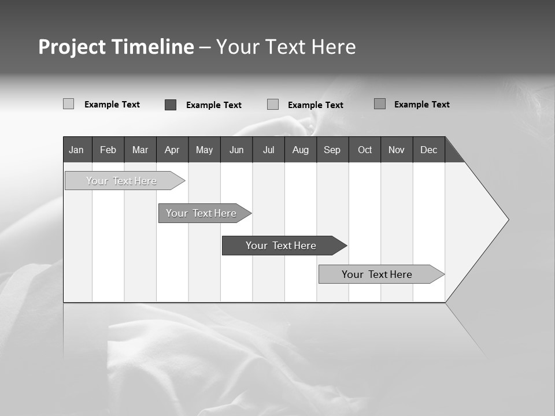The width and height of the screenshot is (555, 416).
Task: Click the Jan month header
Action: pos(77,150)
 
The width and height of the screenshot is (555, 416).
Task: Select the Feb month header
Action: pos(108,150)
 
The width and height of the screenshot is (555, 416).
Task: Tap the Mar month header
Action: pos(140,150)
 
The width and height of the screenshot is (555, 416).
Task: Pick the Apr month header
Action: pos(172,150)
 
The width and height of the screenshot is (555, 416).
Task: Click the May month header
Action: pos(204,150)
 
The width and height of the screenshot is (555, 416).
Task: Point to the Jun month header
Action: pos(236,150)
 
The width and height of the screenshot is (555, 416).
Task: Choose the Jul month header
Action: pos(268,150)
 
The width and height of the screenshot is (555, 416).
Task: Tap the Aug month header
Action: pos(301,150)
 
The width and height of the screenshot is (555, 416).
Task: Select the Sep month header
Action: pos(332,150)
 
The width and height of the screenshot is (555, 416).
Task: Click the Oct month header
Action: pos(365,150)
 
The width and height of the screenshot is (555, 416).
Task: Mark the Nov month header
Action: pos(397,150)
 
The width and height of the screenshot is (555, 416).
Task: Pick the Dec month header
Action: pos(429,150)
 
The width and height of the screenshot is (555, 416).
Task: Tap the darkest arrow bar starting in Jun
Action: pos(282,246)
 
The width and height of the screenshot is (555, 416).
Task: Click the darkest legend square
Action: pos(171,105)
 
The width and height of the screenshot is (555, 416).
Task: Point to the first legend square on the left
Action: pos(69,104)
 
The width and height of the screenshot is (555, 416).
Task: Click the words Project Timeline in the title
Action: pos(116,47)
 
